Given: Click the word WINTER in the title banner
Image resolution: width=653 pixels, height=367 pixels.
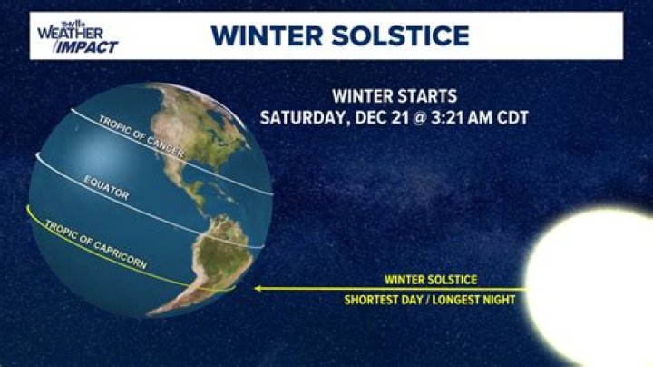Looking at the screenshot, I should pyautogui.click(x=267, y=36).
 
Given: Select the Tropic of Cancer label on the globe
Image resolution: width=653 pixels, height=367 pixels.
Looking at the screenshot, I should pyautogui.click(x=141, y=137).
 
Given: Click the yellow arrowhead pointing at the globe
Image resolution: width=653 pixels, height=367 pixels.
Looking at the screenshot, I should pyautogui.click(x=258, y=289).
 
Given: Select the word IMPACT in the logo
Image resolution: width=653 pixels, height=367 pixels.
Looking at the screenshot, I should pyautogui.click(x=89, y=46).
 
